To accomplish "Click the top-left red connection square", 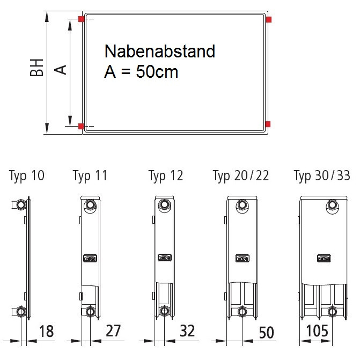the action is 81,19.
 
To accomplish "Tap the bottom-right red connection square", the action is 268,124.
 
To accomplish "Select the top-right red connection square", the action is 269,19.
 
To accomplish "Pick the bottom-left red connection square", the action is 81,126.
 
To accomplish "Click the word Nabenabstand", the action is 160,51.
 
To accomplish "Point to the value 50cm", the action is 157,72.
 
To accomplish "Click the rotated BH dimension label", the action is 36,68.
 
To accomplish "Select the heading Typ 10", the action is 27,176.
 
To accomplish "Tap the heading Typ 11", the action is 90,176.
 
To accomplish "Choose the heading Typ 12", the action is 166,176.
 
